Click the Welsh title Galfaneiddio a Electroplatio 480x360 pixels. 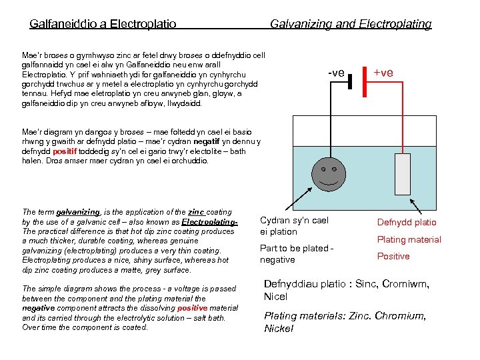click(x=103, y=24)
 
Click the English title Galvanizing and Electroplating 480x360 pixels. click(x=351, y=24)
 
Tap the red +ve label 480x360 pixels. click(x=383, y=71)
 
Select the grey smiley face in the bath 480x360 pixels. click(x=327, y=172)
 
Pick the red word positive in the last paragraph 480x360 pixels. click(x=193, y=309)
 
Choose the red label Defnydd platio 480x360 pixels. click(x=407, y=223)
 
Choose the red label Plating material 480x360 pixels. click(x=409, y=240)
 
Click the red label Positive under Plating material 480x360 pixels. click(x=393, y=257)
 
